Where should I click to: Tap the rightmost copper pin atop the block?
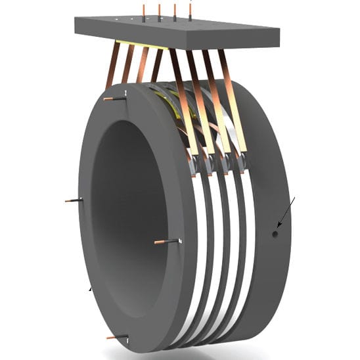point(191,9)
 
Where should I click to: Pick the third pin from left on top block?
point(175,10)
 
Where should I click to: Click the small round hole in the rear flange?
point(275,233)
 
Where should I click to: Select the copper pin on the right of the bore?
point(166,242)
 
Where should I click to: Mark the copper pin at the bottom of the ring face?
point(117,338)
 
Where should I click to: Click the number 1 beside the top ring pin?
point(124,97)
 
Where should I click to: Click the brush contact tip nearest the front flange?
point(193,164)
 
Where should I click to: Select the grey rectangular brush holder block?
point(177,30)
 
